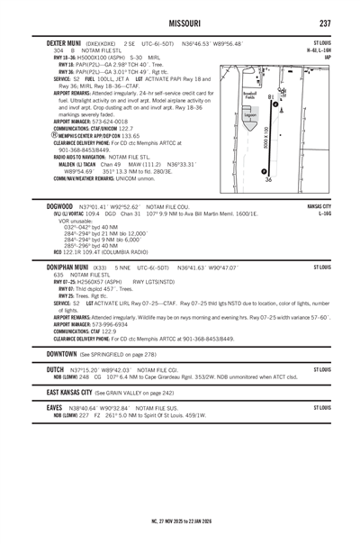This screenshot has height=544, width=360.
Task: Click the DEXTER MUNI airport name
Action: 57,41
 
